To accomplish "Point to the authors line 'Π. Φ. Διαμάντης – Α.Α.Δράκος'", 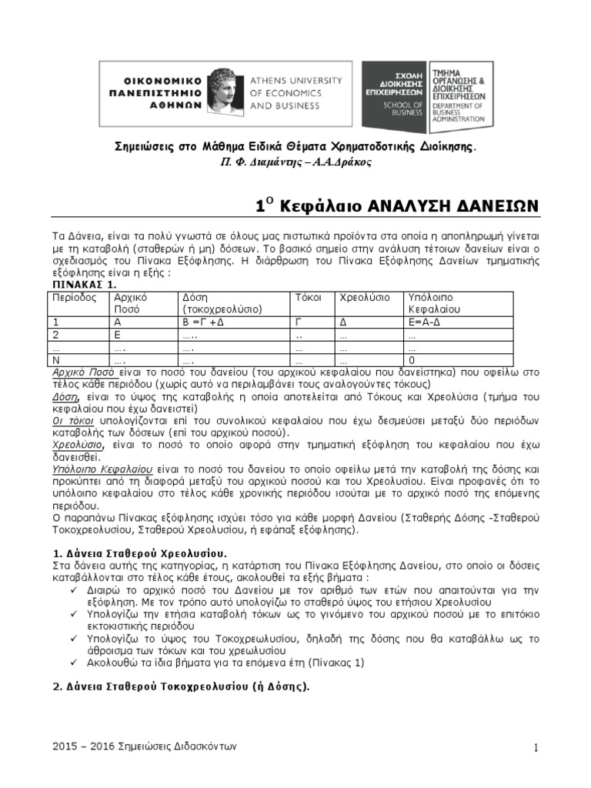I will pos(295,162).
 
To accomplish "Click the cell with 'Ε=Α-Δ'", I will pos(425,322).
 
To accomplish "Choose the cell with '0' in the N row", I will pos(412,359).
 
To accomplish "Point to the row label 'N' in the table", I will pos(56,359).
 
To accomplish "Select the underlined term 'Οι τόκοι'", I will pos(73,422).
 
